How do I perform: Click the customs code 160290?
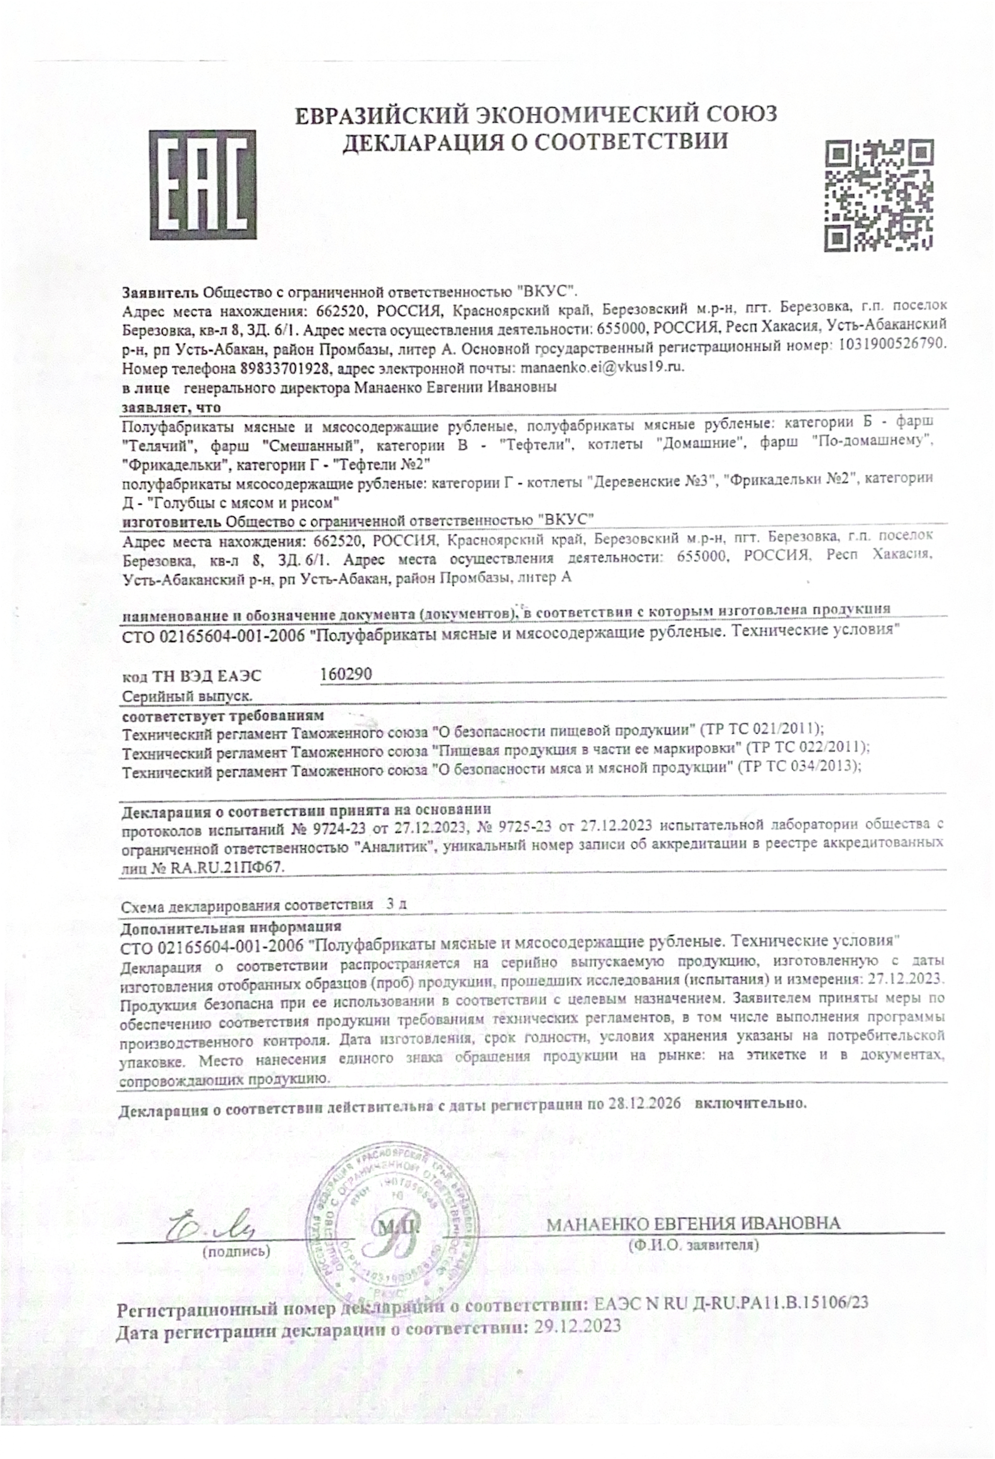pos(346,673)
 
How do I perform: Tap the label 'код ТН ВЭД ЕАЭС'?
pos(191,676)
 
